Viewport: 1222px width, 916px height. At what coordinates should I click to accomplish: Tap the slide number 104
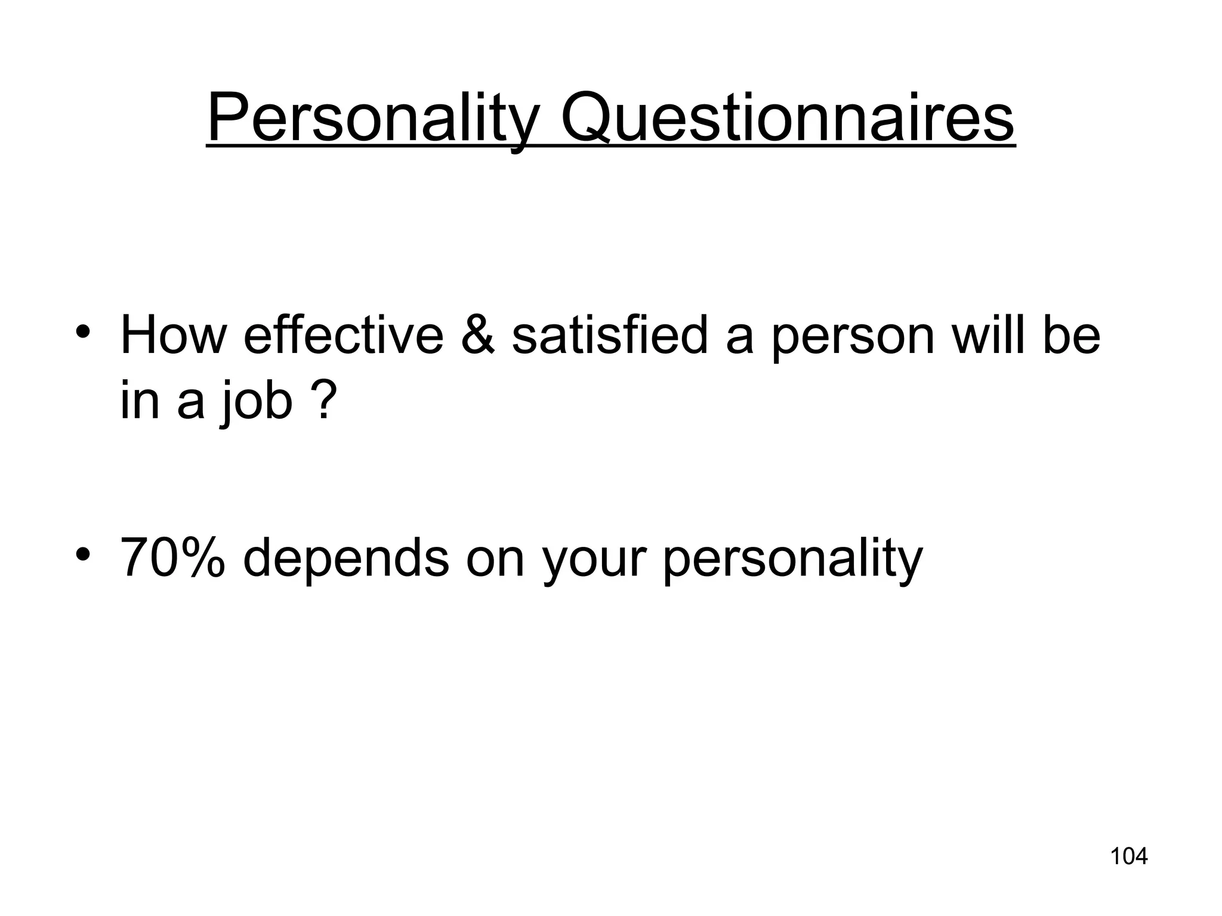tap(1128, 856)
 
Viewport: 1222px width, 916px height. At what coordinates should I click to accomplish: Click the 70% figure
tap(173, 558)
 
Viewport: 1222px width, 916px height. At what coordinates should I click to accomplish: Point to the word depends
tap(346, 558)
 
